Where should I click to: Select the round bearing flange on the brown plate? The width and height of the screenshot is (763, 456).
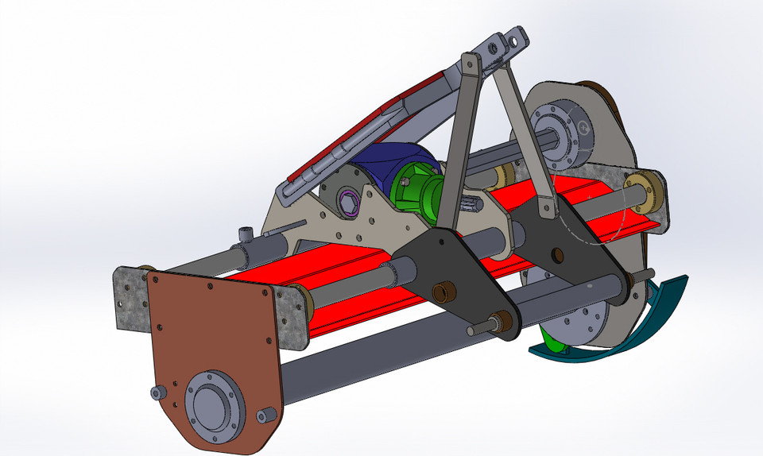212,406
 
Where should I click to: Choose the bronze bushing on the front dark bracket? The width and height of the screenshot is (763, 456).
442,292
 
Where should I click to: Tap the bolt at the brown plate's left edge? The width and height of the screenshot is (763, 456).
159,392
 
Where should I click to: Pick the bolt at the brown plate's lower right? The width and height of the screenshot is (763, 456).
266,415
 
